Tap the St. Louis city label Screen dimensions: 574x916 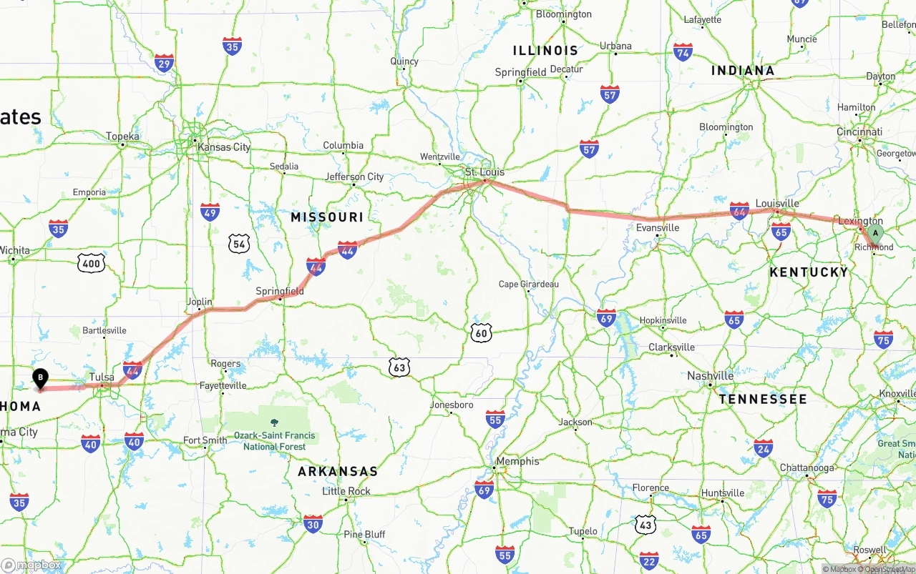484,172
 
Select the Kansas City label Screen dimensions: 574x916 224,147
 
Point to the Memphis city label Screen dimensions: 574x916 517,461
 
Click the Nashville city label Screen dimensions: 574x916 710,376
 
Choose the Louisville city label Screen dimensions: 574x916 776,203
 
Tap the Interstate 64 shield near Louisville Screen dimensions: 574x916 739,210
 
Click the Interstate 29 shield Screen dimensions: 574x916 164,64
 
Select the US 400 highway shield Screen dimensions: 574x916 92,264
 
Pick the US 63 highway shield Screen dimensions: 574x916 399,367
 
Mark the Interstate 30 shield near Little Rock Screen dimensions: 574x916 313,523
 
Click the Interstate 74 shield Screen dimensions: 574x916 683,52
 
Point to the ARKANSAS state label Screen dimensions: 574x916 338,472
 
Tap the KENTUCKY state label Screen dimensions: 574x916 809,272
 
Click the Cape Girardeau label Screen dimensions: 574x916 529,284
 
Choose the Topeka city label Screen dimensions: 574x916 123,136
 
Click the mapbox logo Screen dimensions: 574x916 31,565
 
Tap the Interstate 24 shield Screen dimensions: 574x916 763,448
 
